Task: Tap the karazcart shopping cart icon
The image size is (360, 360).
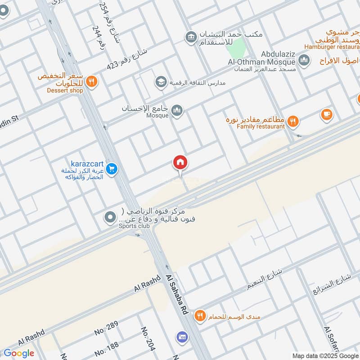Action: tap(112, 169)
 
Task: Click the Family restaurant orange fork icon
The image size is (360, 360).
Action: tap(293, 120)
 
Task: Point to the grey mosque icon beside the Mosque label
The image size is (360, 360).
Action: tap(177, 110)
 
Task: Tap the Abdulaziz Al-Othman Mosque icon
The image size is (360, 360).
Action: tap(304, 59)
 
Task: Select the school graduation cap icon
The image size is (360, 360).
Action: tap(161, 82)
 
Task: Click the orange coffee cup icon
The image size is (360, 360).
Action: tap(327, 115)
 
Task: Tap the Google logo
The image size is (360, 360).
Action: tap(19, 353)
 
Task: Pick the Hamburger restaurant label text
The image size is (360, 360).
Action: tap(332, 46)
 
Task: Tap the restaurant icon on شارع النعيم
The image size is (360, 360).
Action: tap(200, 317)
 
